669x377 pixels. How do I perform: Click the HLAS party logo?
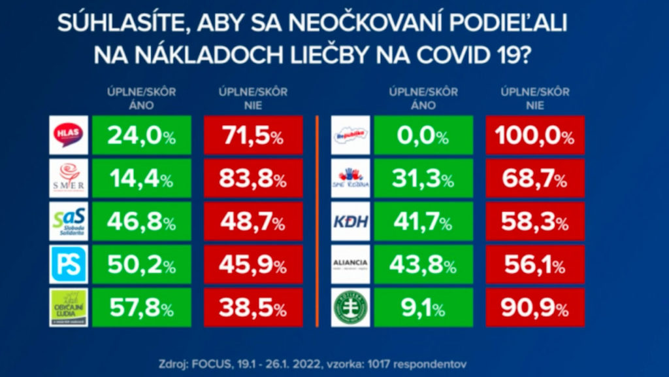(x=69, y=135)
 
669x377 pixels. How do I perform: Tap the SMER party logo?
(x=69, y=177)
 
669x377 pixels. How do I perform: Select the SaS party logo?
(x=69, y=221)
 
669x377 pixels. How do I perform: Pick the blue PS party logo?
(x=69, y=264)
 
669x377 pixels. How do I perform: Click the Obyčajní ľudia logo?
(x=69, y=307)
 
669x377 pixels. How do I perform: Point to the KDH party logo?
(x=351, y=221)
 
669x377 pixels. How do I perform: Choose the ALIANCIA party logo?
(x=351, y=264)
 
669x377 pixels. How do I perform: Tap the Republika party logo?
(x=351, y=135)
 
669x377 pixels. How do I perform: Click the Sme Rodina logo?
(x=351, y=177)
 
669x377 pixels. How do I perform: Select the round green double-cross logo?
(x=351, y=307)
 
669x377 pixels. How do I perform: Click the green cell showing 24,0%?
(x=141, y=135)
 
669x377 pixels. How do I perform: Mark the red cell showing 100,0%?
(x=535, y=135)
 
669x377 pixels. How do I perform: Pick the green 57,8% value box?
(x=141, y=307)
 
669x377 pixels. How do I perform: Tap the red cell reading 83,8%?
(x=253, y=177)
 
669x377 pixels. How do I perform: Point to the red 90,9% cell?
(x=535, y=307)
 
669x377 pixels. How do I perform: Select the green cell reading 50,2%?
(x=141, y=264)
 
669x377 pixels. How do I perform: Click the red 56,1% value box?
(x=535, y=264)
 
